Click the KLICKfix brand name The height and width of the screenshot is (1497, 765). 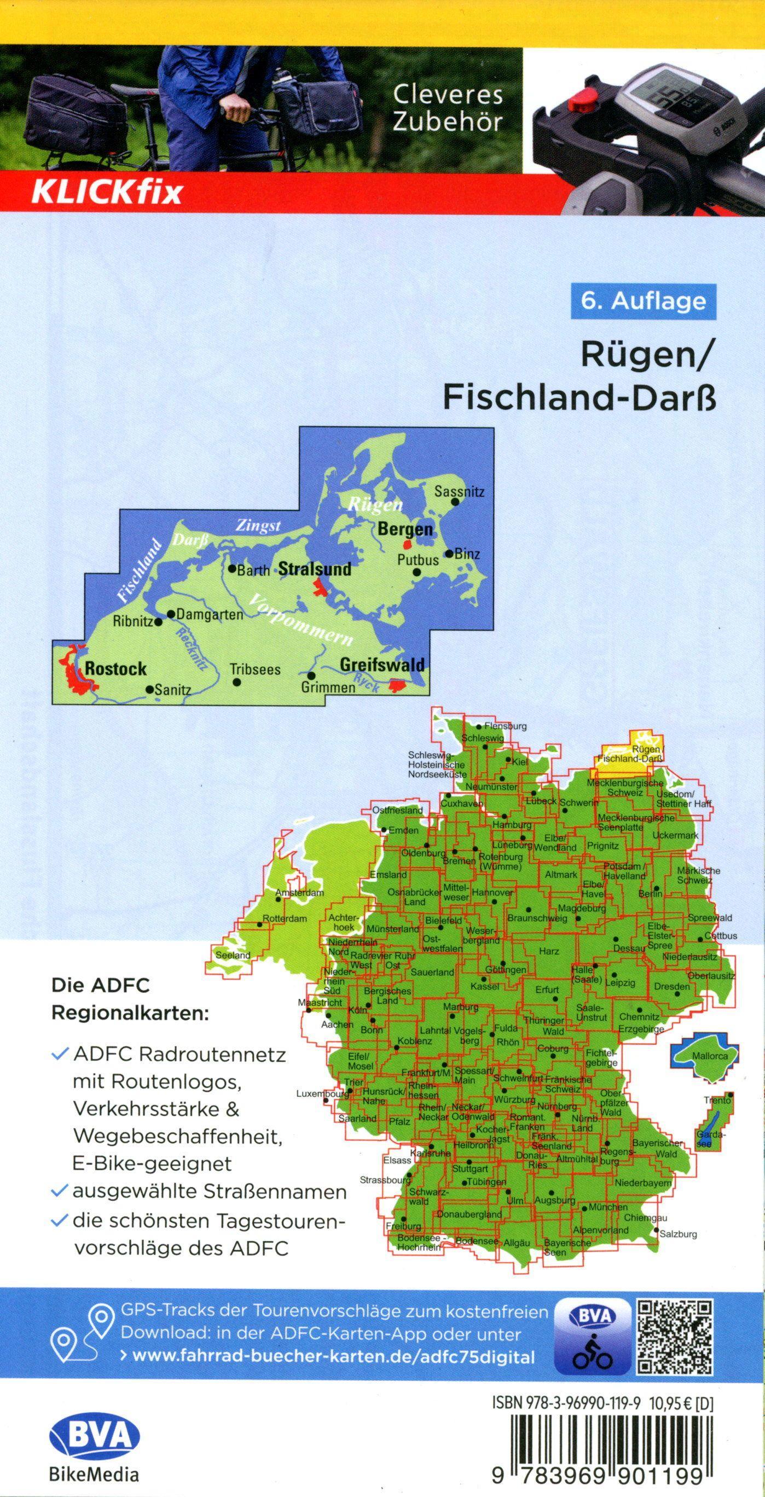107,192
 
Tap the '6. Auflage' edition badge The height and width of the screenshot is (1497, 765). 643,301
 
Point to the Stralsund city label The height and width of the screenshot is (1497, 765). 315,569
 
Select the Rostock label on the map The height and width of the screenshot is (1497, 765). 115,669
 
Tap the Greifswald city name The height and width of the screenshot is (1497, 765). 381,664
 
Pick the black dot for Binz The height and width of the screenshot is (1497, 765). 449,554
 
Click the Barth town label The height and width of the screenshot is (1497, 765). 253,571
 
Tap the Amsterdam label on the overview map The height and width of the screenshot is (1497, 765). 300,893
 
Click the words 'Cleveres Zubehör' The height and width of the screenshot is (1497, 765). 447,107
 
